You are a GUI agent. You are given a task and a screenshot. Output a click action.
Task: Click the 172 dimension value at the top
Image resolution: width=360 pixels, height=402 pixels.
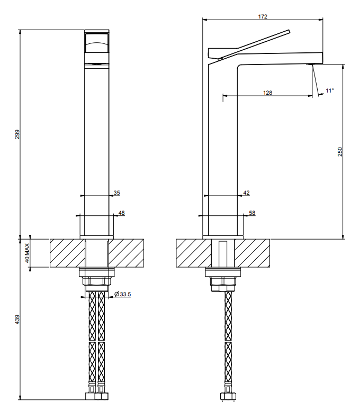click(x=263, y=17)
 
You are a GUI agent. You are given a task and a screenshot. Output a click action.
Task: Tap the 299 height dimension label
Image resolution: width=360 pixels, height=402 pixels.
click(x=17, y=134)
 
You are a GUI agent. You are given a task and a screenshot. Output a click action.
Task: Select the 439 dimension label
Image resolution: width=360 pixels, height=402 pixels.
click(x=17, y=319)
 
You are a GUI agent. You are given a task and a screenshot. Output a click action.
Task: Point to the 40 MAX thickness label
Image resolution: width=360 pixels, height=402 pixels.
click(x=27, y=253)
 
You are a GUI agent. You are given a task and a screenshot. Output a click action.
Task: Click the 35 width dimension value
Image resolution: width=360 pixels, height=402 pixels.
click(x=117, y=193)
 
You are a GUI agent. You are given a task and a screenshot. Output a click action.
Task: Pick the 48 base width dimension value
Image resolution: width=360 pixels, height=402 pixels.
click(x=121, y=213)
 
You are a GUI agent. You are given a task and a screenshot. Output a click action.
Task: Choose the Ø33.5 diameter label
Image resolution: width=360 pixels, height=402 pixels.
click(x=123, y=294)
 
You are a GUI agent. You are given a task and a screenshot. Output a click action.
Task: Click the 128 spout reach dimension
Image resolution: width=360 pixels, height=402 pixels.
click(x=268, y=93)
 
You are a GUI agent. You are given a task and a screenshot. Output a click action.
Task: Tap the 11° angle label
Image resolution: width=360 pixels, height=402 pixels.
click(x=330, y=91)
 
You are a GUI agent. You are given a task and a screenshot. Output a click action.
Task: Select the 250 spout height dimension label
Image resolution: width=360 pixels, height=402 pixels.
click(x=340, y=152)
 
